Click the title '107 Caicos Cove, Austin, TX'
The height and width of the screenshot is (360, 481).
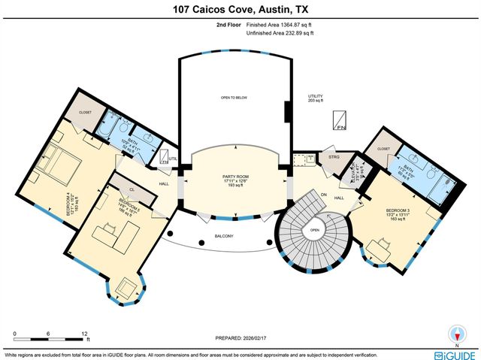tap(240, 9)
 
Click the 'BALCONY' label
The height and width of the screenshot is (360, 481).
tap(223, 237)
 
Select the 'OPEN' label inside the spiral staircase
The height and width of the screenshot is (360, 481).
tap(315, 231)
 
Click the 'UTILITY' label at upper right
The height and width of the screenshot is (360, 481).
tap(315, 97)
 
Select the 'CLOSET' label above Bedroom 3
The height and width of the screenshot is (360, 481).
tap(384, 150)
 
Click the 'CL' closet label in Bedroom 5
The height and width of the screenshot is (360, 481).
tap(132, 191)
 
